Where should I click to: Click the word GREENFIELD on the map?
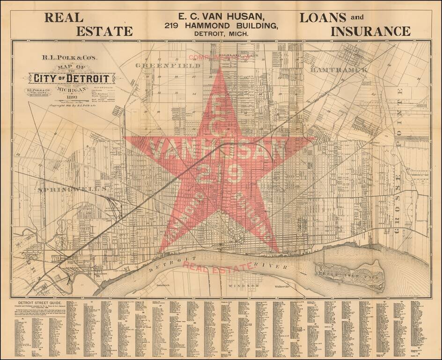[x=168, y=66]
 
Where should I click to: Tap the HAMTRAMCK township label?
[x=339, y=69]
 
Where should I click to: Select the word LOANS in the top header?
[x=323, y=18]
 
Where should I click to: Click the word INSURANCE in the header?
[x=370, y=31]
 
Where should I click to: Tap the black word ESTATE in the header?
[x=104, y=31]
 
